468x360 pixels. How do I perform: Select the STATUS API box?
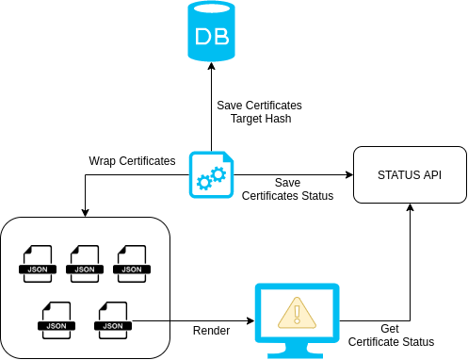[409, 175]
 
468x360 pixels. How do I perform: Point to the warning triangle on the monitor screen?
[296, 311]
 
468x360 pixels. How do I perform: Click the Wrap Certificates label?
[132, 161]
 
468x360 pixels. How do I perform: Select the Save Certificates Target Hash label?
[259, 112]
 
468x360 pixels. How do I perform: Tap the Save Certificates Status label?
[287, 188]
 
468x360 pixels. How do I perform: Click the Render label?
[211, 330]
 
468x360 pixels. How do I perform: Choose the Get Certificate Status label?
[391, 335]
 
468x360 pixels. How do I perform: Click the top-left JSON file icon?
[39, 262]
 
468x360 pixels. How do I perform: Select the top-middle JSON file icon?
[85, 262]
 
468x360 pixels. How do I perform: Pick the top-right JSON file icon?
[131, 262]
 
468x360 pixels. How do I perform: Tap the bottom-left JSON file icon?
[56, 318]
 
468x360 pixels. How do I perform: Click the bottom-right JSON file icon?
[112, 318]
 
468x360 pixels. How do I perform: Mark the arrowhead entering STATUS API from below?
[410, 209]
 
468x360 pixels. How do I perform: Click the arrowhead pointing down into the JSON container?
[86, 212]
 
